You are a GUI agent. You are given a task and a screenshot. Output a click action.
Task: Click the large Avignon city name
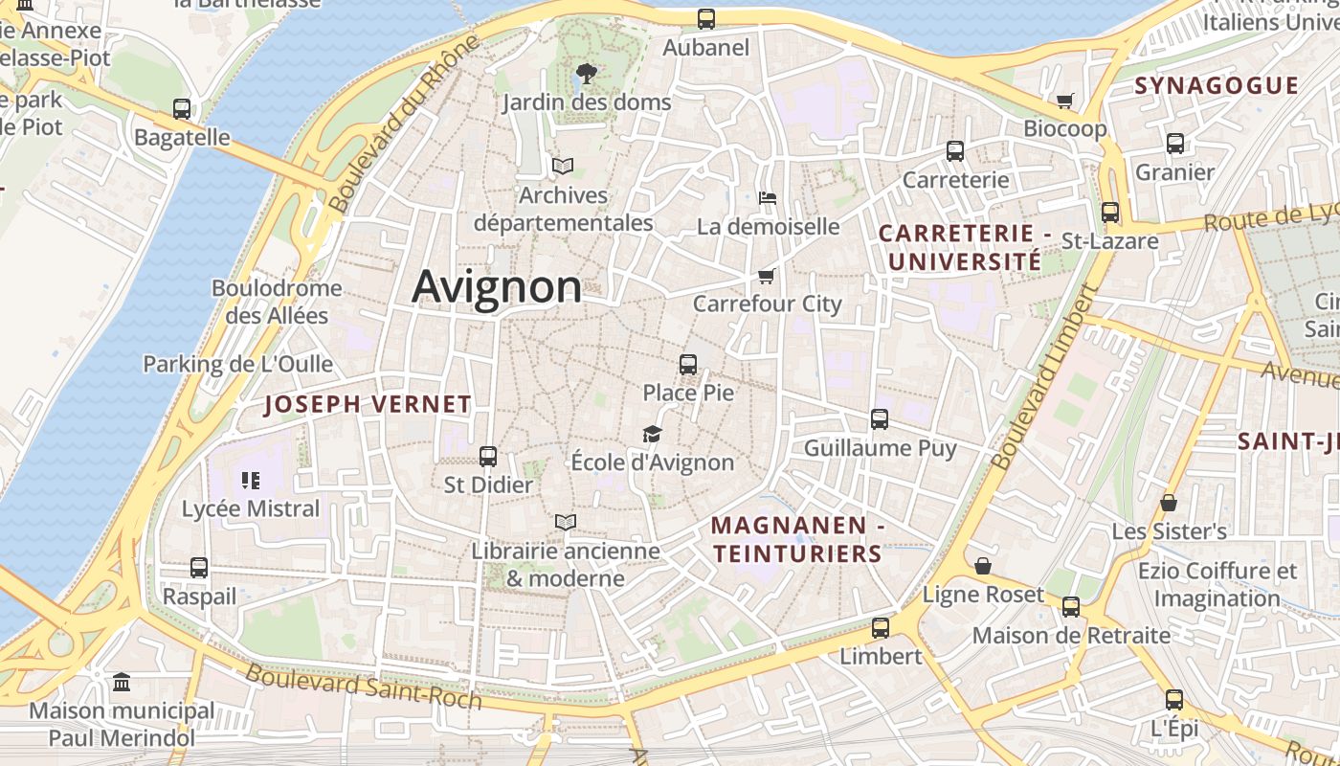[x=497, y=286]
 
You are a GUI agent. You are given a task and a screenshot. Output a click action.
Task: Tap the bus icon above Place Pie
[x=687, y=364]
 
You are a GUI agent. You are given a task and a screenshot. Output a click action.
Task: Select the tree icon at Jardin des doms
[x=586, y=73]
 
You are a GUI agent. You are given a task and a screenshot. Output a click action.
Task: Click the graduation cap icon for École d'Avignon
[x=652, y=434]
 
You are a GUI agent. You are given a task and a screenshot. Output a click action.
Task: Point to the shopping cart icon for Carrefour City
[x=765, y=276]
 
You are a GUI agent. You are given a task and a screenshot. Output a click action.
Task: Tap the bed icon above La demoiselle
[x=767, y=198]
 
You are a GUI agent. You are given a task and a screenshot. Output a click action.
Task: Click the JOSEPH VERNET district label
[x=368, y=404]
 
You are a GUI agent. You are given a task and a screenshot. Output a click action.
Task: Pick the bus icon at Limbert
[x=880, y=628]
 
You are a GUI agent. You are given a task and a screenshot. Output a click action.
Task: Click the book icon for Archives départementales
[x=563, y=166]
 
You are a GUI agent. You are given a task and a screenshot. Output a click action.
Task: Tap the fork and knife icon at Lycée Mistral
[x=251, y=480]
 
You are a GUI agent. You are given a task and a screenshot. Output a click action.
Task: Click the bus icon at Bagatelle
[x=182, y=109]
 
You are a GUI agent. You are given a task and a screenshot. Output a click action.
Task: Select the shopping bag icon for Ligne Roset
[x=982, y=566]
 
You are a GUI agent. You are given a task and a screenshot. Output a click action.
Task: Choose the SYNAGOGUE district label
[x=1217, y=85]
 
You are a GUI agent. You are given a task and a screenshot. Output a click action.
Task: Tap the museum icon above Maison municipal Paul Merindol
[x=122, y=683]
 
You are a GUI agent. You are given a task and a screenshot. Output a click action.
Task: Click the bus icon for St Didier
[x=488, y=456]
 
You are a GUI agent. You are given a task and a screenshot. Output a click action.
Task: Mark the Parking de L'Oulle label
[x=237, y=364]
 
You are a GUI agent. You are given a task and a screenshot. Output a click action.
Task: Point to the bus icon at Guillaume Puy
[x=880, y=418]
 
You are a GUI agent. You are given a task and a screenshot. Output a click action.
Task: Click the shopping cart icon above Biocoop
[x=1064, y=101]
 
